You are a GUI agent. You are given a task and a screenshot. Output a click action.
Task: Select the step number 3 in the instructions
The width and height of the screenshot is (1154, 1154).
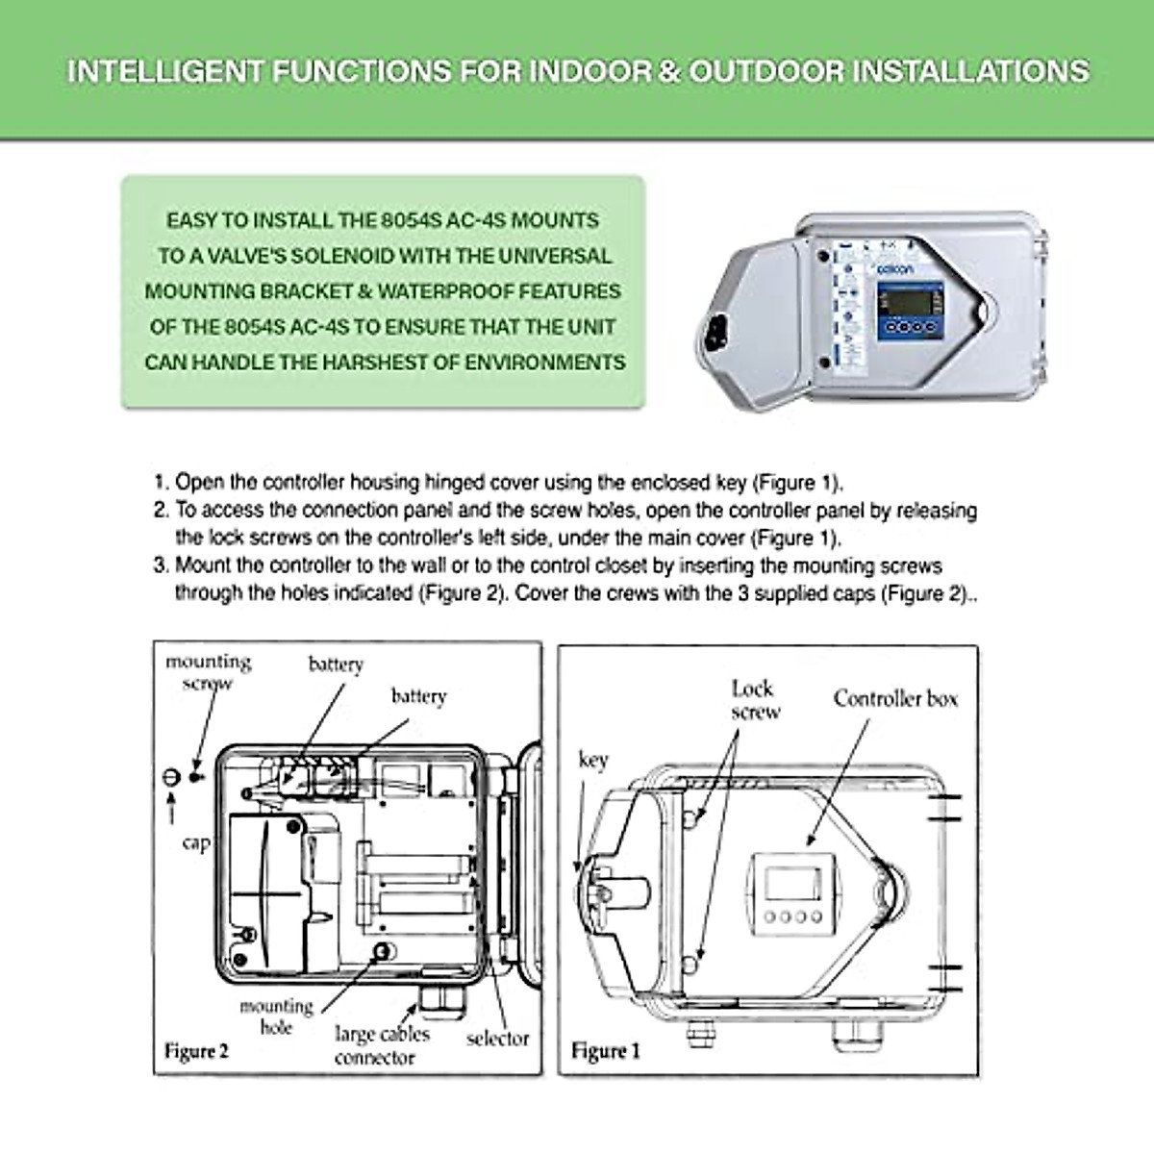point(160,565)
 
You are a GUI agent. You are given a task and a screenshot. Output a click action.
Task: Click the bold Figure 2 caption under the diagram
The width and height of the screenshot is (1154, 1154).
point(196,1050)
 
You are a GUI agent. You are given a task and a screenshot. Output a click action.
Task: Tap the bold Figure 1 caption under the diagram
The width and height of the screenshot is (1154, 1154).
point(605,1050)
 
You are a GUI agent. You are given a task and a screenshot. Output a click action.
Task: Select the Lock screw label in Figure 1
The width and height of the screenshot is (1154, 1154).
point(755,700)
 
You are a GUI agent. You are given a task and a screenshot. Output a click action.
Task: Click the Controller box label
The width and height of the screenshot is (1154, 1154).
point(895,698)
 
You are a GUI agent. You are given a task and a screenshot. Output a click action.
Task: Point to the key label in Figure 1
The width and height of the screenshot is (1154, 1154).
point(593,760)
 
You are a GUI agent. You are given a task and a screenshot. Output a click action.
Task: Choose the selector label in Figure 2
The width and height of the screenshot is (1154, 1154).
point(497,1039)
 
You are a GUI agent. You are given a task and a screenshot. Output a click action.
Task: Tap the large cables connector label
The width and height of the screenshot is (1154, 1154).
point(381,1046)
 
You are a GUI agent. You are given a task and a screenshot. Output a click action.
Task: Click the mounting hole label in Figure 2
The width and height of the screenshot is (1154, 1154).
point(276,1016)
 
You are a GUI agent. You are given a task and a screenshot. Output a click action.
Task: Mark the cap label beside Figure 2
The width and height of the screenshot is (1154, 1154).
point(196,842)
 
